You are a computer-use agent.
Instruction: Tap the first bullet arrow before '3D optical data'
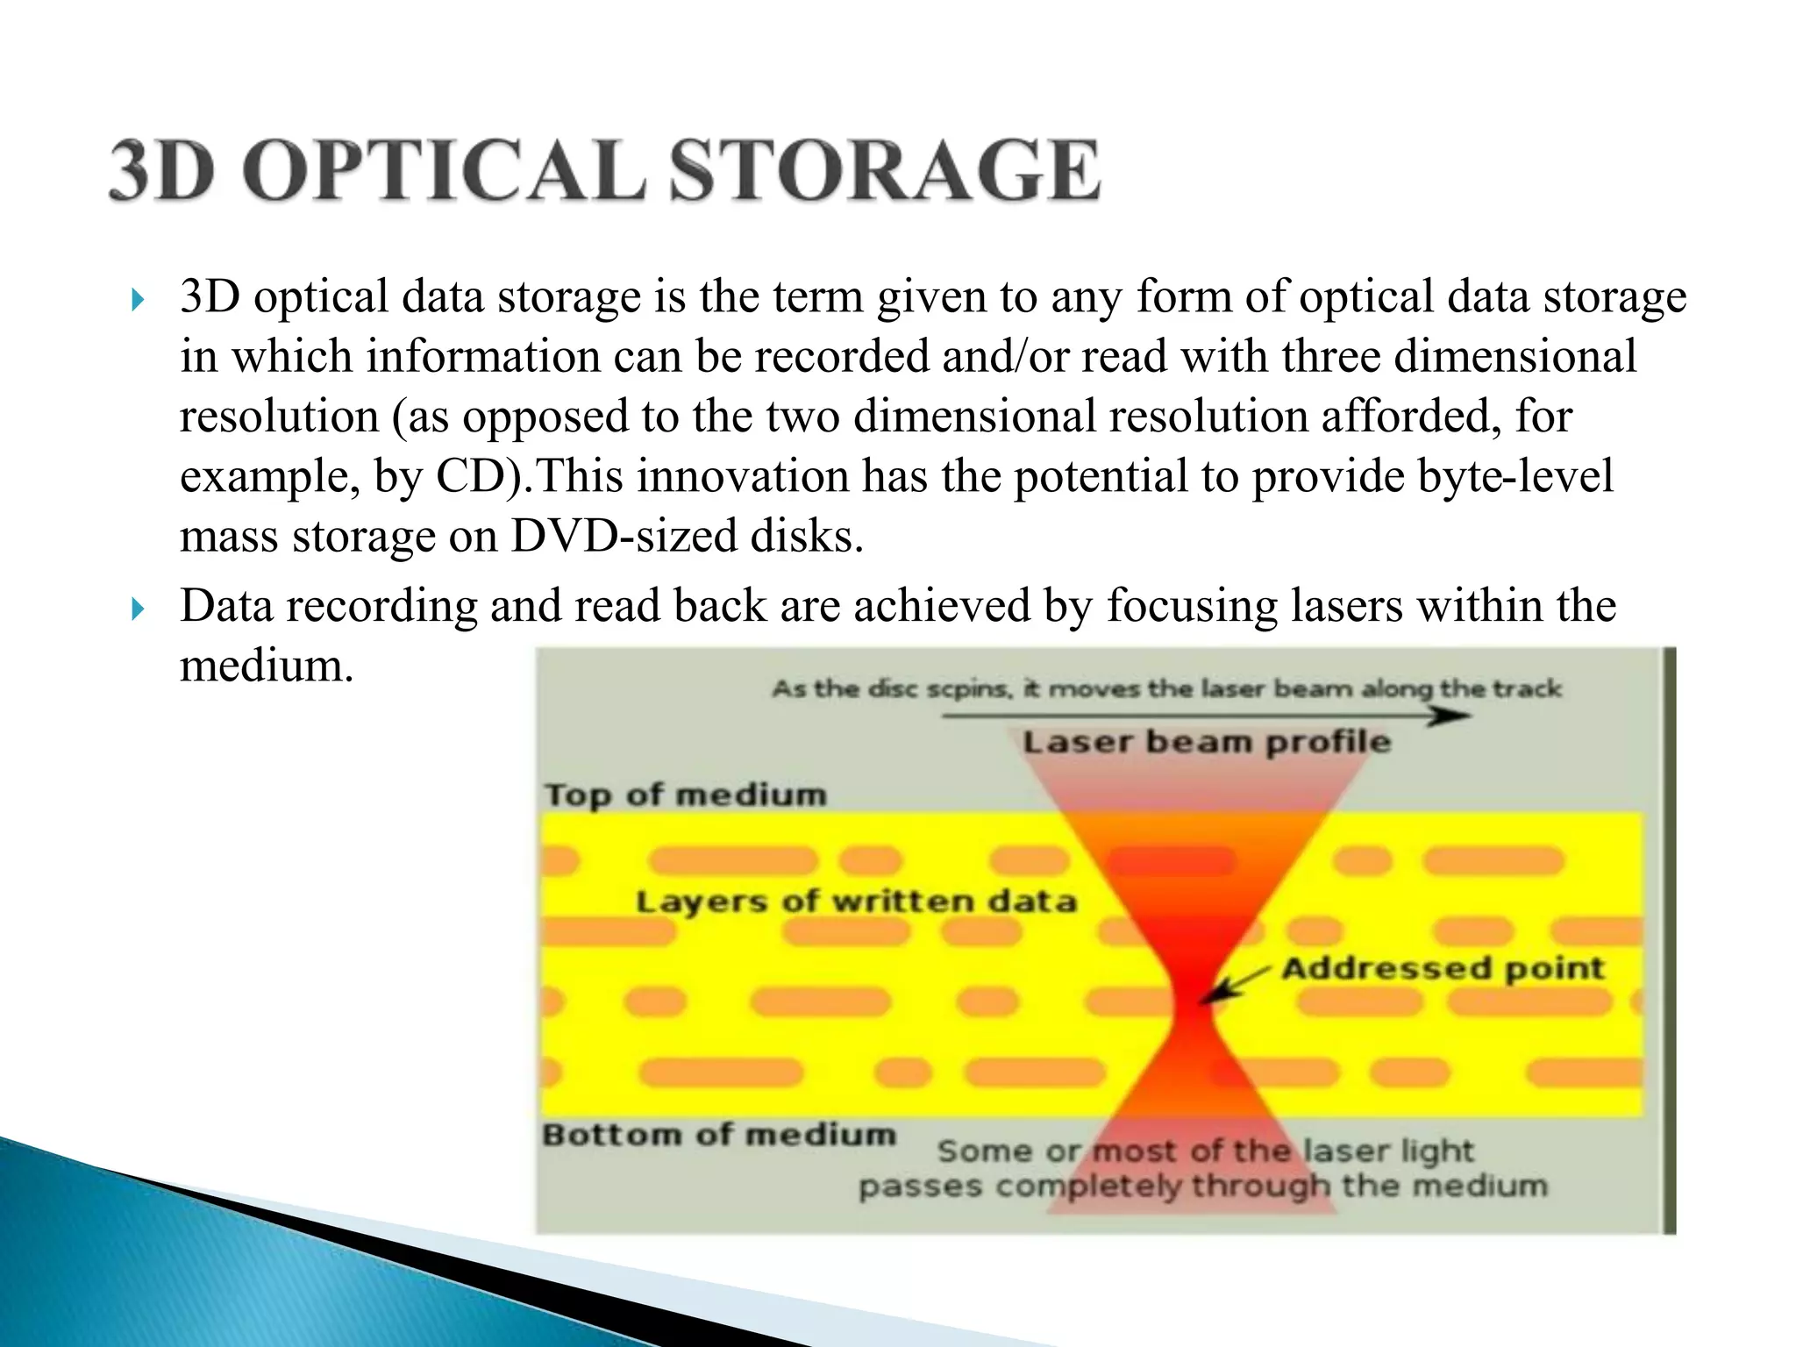tap(137, 301)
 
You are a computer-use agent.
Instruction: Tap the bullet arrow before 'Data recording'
tap(137, 609)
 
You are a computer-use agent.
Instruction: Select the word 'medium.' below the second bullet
tap(267, 666)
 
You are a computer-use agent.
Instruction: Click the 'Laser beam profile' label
tap(1207, 742)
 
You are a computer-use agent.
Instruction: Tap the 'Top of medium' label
tap(685, 795)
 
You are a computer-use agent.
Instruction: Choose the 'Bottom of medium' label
tap(719, 1135)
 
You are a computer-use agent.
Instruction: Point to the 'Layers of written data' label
tap(856, 902)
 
